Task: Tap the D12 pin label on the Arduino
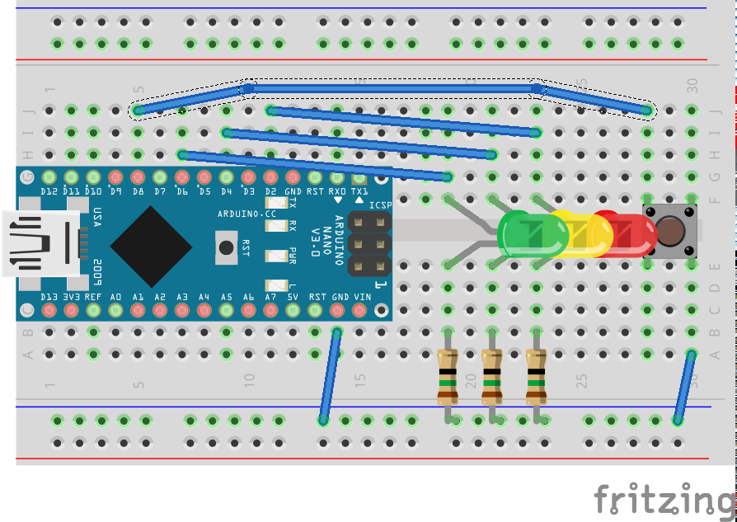point(49,192)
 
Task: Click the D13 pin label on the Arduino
point(49,296)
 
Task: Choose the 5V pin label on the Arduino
point(292,296)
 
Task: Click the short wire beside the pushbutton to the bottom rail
point(683,387)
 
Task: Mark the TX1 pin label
point(359,192)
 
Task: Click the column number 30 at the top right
point(692,84)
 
